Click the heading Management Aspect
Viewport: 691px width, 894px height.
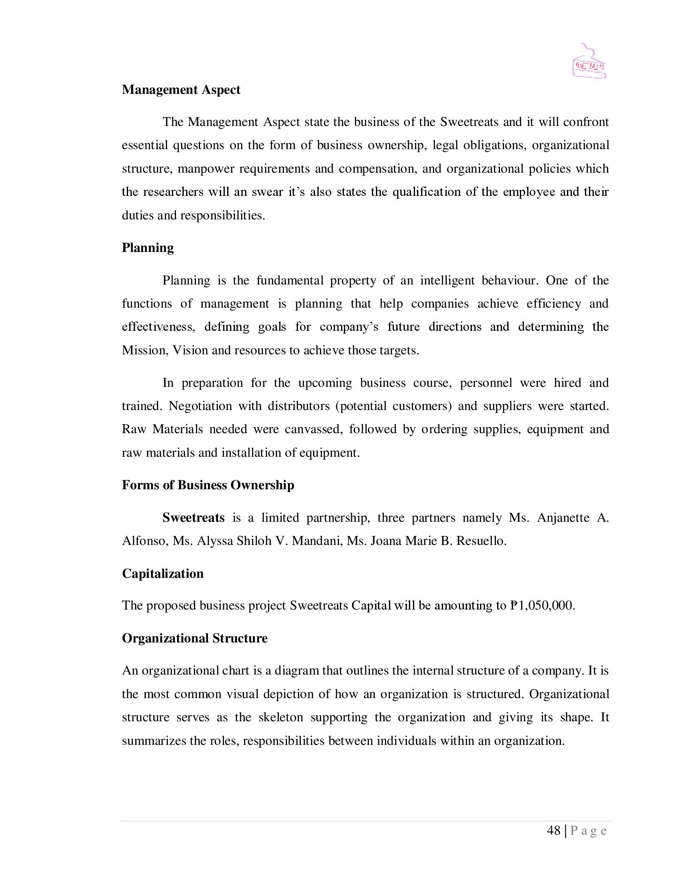pyautogui.click(x=181, y=90)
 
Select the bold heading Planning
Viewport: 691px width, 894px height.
pyautogui.click(x=148, y=248)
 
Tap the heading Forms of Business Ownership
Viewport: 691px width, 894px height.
pyautogui.click(x=208, y=485)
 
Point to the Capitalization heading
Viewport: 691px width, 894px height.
pyautogui.click(x=163, y=573)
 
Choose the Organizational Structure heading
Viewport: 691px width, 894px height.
pyautogui.click(x=194, y=638)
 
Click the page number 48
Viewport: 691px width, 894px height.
pyautogui.click(x=554, y=831)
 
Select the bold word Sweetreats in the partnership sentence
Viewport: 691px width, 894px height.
pyautogui.click(x=193, y=518)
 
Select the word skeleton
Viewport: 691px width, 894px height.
pyautogui.click(x=280, y=718)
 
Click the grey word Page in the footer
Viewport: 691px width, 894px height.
pyautogui.click(x=589, y=831)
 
